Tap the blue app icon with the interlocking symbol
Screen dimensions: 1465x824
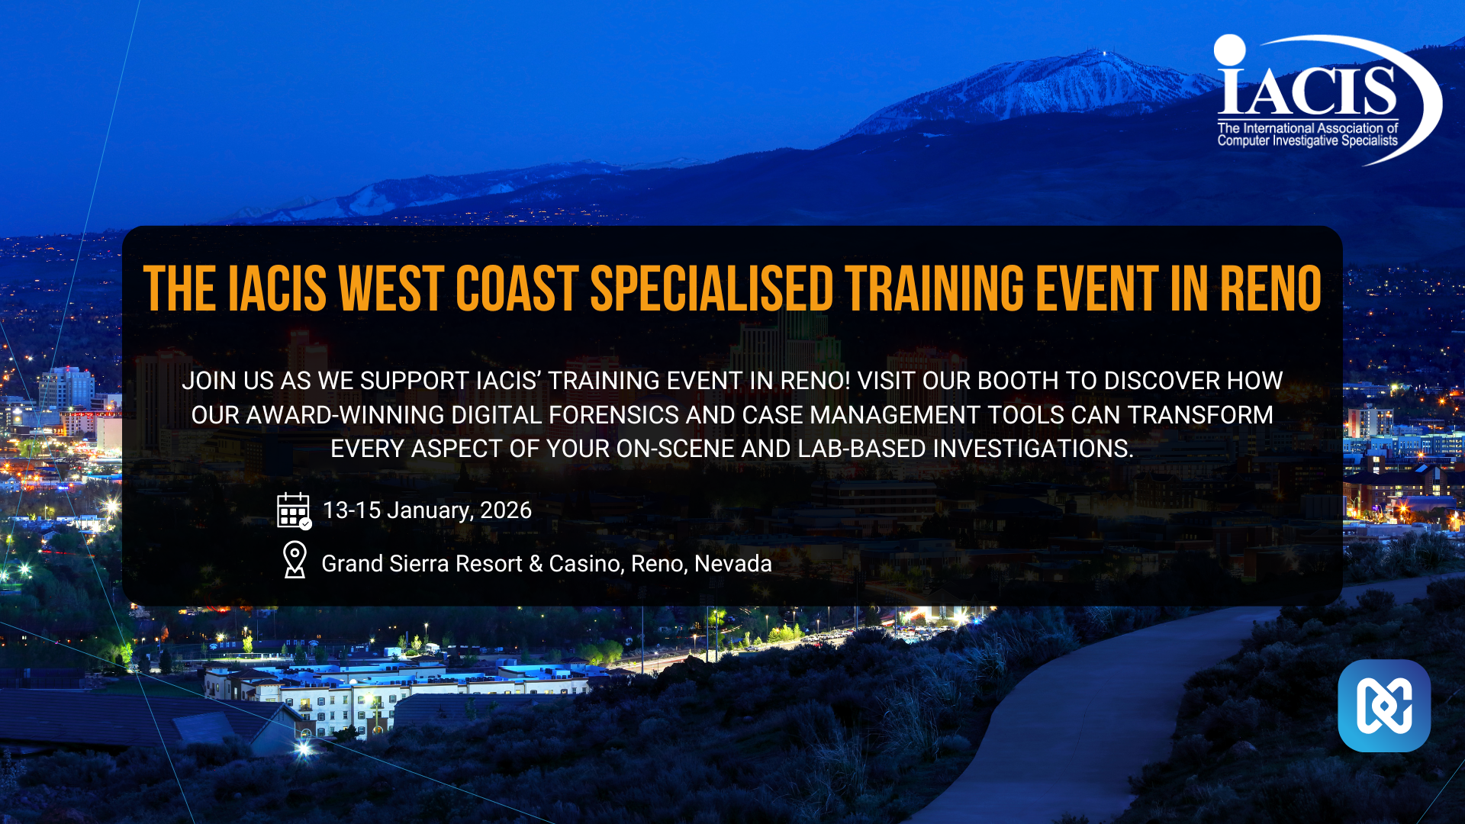pos(1384,706)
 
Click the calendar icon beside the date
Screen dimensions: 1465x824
pos(294,510)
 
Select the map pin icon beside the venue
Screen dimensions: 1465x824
pos(295,560)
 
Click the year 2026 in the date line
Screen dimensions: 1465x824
pos(506,510)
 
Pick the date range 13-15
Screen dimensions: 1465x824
pos(352,510)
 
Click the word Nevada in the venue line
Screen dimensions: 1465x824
pos(733,563)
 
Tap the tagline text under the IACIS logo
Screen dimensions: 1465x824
pos(1308,134)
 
